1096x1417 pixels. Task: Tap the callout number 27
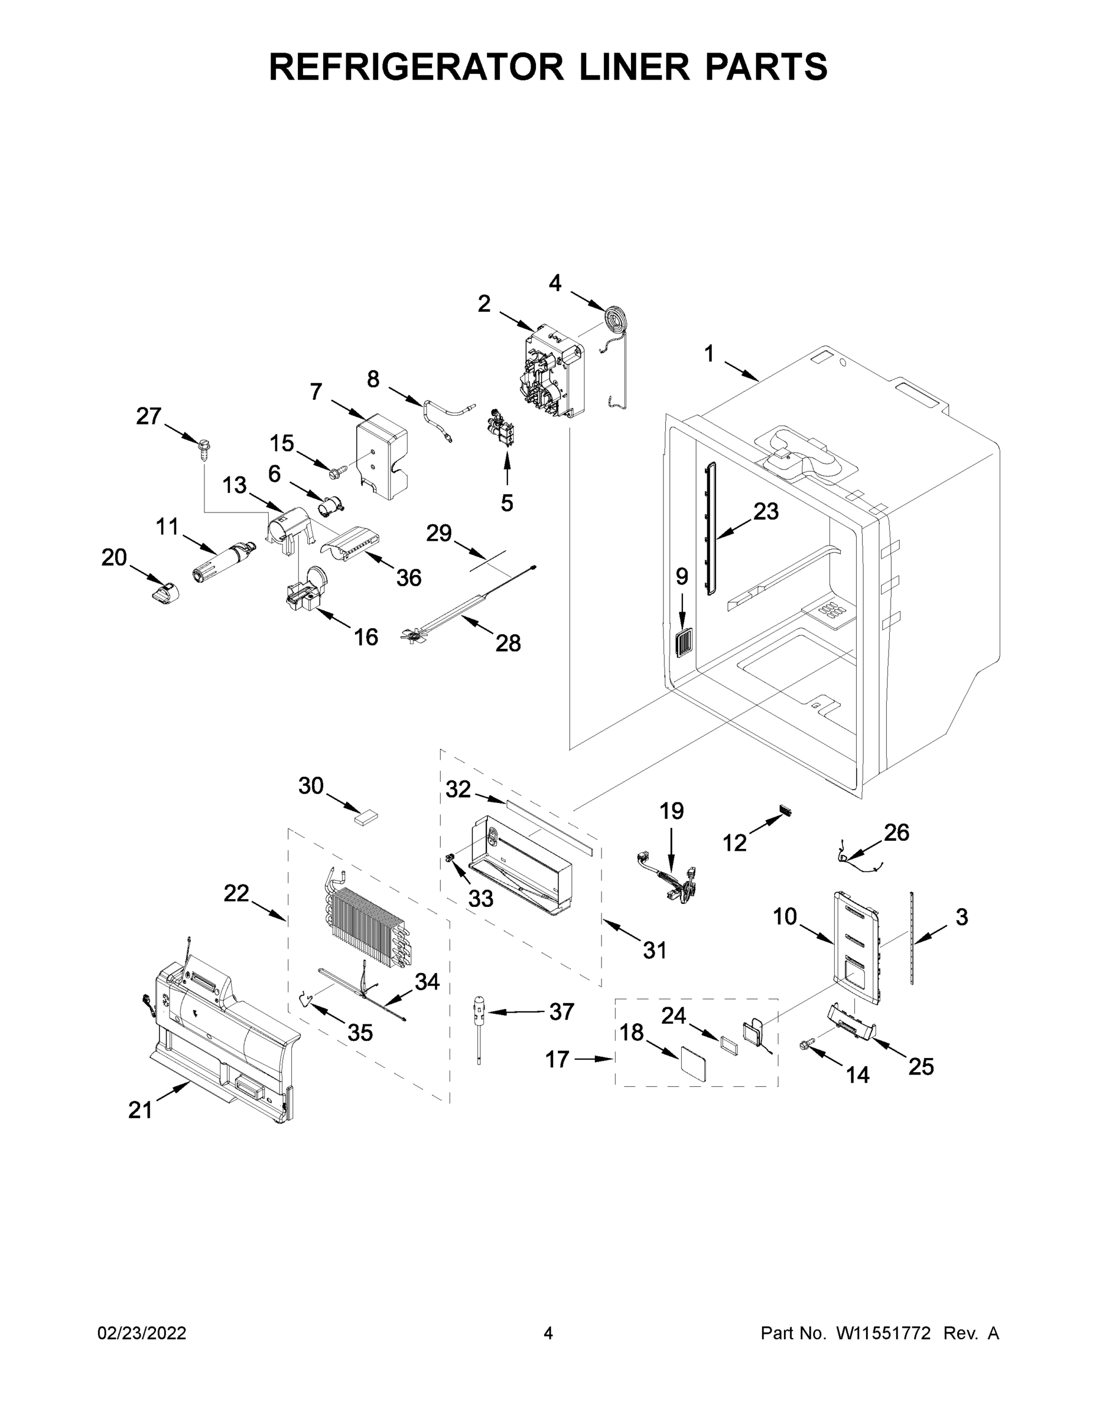click(149, 416)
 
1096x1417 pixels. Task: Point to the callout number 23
click(766, 511)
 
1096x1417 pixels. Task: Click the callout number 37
click(562, 1011)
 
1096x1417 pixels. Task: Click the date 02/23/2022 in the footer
click(142, 1333)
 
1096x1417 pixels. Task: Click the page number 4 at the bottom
click(548, 1333)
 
